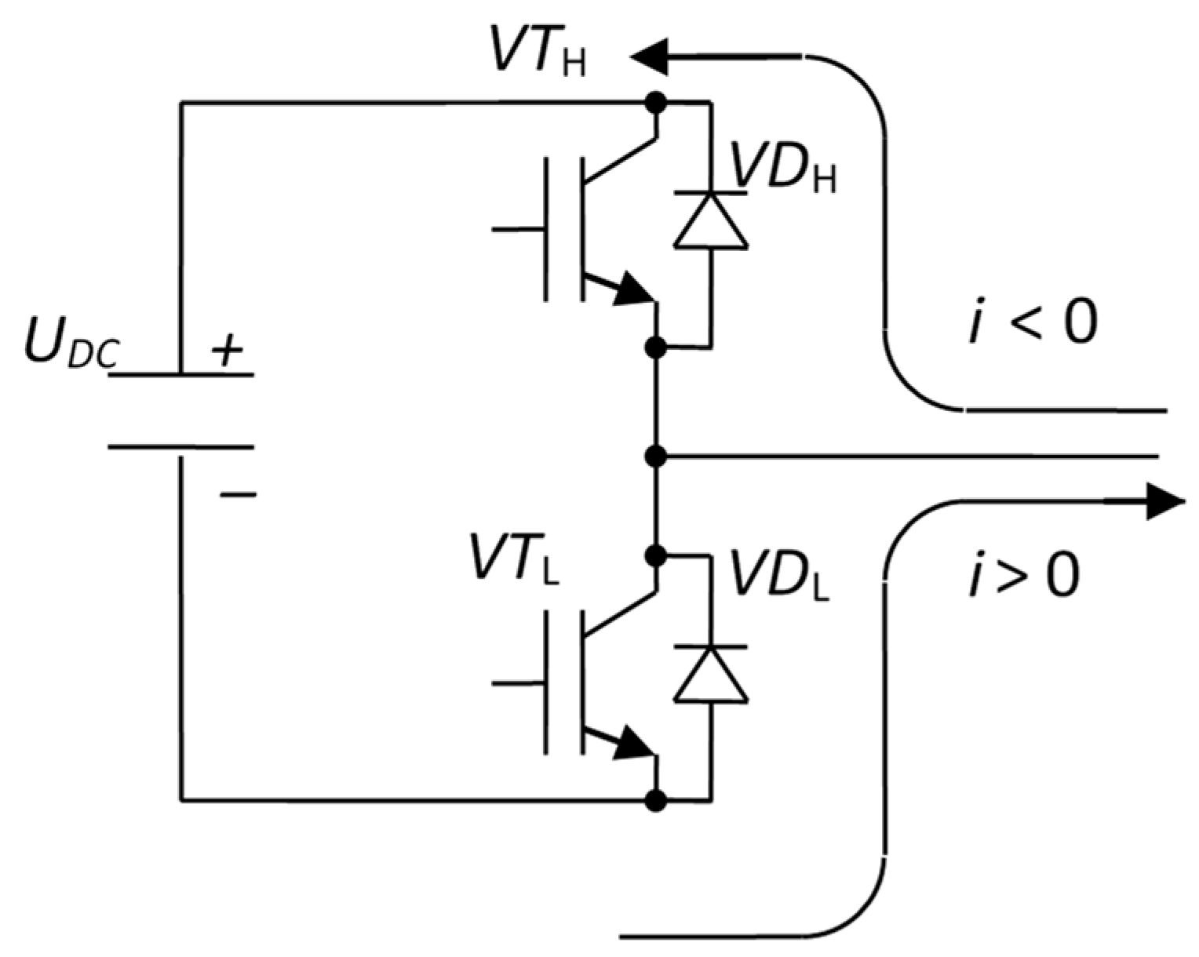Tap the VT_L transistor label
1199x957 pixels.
pyautogui.click(x=515, y=558)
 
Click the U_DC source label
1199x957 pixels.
pyautogui.click(x=71, y=345)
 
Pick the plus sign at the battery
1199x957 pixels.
pyautogui.click(x=228, y=351)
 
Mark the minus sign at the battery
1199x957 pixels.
pyautogui.click(x=238, y=494)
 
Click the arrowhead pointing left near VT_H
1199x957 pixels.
pyautogui.click(x=650, y=56)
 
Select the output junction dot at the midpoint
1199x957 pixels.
pyautogui.click(x=655, y=455)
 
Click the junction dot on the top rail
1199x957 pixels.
pyautogui.click(x=655, y=102)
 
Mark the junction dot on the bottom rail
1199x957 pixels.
pyautogui.click(x=655, y=801)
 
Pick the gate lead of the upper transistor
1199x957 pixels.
pyautogui.click(x=518, y=229)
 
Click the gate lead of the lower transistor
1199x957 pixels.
pyautogui.click(x=518, y=682)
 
